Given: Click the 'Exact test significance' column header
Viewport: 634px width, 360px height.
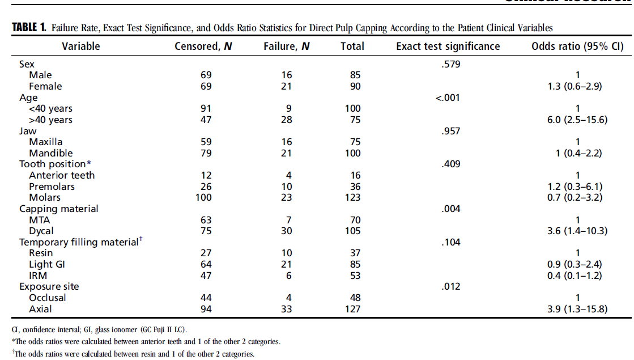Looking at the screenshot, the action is coord(448,46).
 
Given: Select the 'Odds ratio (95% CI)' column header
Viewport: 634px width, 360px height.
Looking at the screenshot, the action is coord(577,46).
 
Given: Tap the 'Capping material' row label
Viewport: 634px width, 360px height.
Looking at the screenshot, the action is coord(58,209).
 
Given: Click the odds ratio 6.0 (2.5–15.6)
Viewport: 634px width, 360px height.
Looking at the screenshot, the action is coord(577,120).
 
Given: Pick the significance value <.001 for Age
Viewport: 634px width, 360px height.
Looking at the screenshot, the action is coord(448,98).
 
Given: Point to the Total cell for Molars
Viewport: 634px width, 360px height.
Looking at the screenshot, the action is coord(352,197).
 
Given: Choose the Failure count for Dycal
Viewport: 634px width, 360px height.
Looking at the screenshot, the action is coord(286,231).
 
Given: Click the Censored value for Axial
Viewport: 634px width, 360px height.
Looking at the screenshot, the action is coord(206,309).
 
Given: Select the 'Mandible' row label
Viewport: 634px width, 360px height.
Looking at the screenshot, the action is coord(51,153).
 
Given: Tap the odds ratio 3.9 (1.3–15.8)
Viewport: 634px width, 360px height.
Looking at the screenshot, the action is coord(577,309).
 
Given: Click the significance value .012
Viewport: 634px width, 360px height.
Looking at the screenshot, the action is coord(451,287).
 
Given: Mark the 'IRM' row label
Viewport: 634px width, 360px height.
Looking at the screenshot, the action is coord(38,276).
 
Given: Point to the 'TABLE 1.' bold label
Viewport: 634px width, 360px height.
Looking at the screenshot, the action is coord(29,28).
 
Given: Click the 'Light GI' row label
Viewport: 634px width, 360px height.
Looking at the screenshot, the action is coord(47,265).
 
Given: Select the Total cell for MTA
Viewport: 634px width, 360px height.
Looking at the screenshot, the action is coord(355,220).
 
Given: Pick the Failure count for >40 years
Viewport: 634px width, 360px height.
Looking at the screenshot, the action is coord(286,120).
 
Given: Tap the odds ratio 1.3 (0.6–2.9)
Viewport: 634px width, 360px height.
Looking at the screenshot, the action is coord(575,86).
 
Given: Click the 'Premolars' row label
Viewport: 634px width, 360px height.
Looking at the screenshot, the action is coord(52,187).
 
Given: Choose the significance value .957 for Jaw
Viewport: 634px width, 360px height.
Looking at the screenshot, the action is coord(451,131).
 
